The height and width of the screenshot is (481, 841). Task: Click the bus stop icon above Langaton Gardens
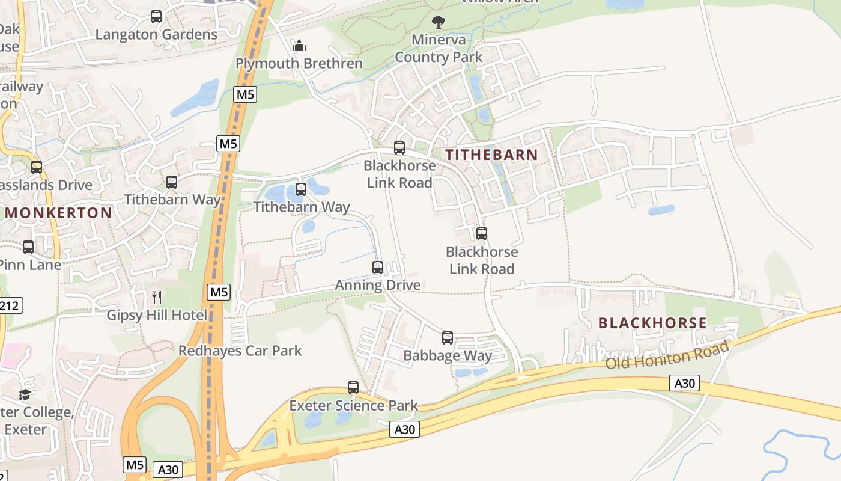point(156,17)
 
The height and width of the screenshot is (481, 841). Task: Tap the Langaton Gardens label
point(156,34)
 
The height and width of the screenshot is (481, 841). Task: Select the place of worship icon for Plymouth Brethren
point(299,46)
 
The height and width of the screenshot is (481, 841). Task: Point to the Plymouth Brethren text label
point(299,63)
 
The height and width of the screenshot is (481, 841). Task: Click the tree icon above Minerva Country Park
point(439,22)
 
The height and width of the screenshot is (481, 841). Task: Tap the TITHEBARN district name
point(492,155)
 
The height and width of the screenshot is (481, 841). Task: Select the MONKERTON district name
point(59,213)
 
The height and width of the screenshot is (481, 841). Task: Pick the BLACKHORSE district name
point(652,323)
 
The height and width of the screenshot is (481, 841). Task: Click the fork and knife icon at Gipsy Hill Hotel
point(157,298)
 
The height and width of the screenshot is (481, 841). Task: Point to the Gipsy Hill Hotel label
point(157,315)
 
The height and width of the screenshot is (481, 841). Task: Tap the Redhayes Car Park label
point(240,351)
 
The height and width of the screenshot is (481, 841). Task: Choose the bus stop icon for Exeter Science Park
point(353,388)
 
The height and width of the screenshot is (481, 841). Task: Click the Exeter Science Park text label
point(353,405)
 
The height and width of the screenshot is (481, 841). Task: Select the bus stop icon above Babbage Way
point(448,338)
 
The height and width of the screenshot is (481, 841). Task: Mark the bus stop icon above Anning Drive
point(378,268)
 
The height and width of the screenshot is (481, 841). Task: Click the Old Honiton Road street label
point(667,355)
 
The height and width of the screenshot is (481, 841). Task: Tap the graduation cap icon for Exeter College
point(25,395)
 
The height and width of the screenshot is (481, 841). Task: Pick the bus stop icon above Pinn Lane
point(28,247)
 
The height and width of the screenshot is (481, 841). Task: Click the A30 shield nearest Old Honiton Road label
point(684,383)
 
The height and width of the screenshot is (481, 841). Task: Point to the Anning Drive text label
point(378,285)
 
